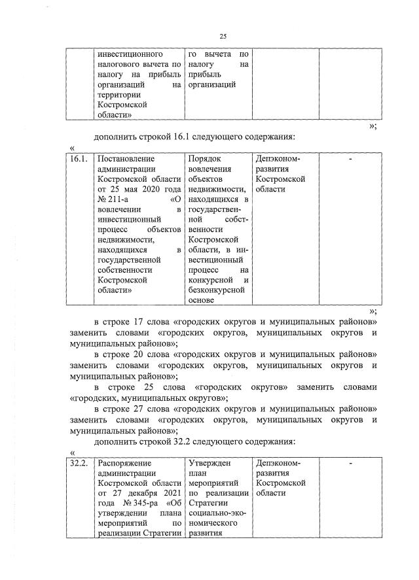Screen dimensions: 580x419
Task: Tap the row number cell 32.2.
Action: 79,464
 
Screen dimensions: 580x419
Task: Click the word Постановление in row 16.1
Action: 126,159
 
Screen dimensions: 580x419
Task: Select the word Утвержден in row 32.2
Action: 209,464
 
